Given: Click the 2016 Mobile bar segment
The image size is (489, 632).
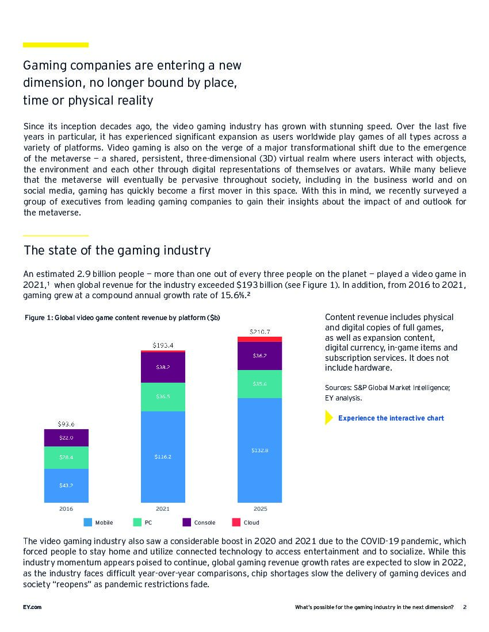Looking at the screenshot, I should [66, 485].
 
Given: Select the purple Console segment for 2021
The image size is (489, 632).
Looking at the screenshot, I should [163, 367].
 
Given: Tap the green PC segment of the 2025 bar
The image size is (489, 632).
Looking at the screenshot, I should [259, 384].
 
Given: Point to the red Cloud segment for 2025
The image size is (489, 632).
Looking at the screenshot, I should [259, 339].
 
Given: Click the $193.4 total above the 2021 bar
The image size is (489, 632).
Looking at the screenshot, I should [163, 345].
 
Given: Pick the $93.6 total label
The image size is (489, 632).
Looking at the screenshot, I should [66, 424].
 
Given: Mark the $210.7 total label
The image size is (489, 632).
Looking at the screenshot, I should [260, 332].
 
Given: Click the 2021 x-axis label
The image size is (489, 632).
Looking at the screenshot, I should [163, 509].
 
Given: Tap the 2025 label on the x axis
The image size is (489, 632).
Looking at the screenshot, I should [260, 509].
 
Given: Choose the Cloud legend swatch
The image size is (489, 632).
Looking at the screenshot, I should [236, 522].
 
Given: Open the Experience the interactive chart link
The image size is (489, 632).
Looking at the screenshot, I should [391, 418].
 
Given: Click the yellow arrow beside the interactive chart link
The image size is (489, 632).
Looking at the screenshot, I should [328, 418].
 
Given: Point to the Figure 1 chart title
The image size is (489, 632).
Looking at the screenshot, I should [123, 318].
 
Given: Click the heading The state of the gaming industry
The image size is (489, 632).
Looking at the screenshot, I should [117, 251].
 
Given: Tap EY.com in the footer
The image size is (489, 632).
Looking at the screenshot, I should [32, 607].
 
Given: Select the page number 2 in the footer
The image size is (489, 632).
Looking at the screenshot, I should [464, 607].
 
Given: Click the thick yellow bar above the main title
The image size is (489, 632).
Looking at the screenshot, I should [56, 45].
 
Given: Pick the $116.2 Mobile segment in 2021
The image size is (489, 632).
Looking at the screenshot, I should [163, 456].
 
